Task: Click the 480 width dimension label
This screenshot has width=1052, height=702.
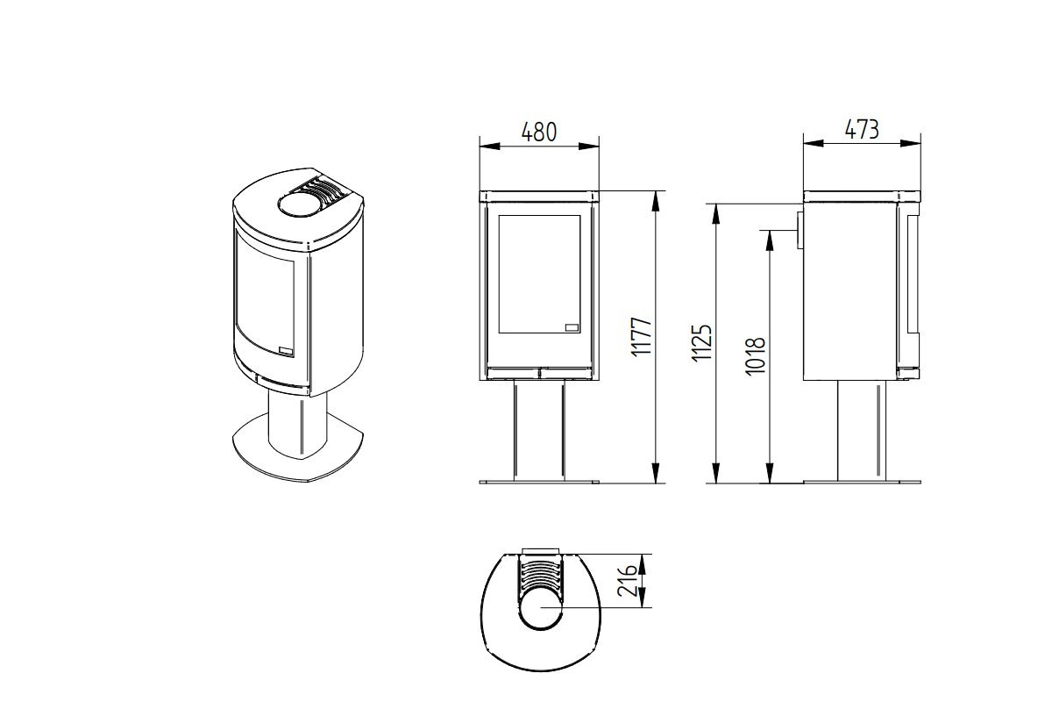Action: coord(538,133)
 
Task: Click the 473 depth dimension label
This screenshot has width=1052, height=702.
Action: coord(862,129)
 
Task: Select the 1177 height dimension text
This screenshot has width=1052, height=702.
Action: coord(642,338)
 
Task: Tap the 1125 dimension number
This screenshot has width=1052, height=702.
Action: coord(702,343)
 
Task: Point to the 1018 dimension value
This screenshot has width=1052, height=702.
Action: coord(756,356)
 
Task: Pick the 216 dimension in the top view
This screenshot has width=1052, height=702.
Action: coord(628,581)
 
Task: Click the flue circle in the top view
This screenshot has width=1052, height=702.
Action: coord(541,607)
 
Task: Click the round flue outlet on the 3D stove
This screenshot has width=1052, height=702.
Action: coord(299,205)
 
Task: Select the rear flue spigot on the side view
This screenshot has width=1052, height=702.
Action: coord(800,230)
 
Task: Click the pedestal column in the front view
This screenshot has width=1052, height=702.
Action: coord(538,431)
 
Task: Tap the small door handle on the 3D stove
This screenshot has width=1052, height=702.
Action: coord(286,350)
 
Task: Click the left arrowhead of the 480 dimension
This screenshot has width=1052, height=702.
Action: coord(489,146)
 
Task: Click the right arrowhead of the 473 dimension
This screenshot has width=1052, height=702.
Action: coord(910,143)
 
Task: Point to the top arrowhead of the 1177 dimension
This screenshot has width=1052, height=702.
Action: coord(656,201)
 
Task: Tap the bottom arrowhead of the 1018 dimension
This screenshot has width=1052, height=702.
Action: coord(770,473)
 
